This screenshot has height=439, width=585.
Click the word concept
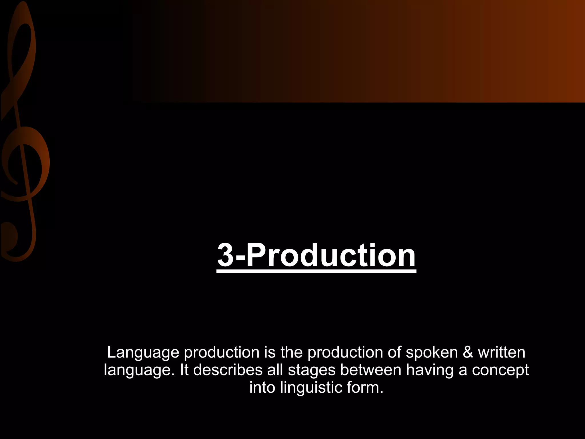(x=500, y=370)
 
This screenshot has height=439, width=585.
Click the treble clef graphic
(x=23, y=137)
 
